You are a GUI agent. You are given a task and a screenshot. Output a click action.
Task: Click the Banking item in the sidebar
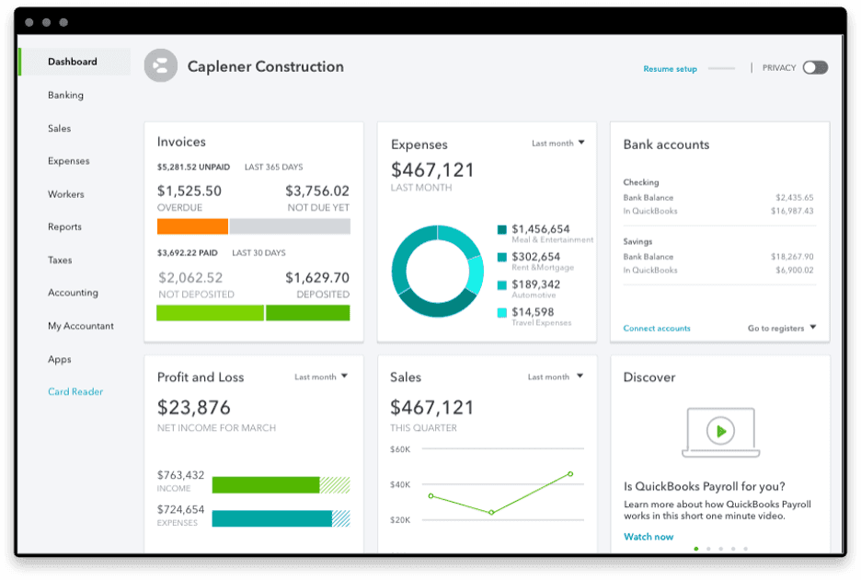[x=65, y=95]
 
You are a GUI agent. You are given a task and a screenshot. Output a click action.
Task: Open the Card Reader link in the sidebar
[x=75, y=392]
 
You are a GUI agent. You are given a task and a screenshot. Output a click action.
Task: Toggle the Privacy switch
[x=814, y=67]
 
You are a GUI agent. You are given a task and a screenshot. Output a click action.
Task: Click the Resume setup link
[x=670, y=69]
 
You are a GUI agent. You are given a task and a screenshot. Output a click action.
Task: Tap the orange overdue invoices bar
[x=192, y=226]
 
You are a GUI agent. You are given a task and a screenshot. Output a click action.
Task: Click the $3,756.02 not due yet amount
[x=316, y=191]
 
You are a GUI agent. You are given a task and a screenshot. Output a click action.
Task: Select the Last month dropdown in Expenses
[x=557, y=144]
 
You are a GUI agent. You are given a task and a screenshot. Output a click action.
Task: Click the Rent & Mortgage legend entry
[x=535, y=258]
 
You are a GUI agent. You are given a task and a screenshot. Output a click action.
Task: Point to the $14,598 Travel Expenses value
[x=533, y=313]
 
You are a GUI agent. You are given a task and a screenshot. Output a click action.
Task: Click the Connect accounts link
[x=657, y=329]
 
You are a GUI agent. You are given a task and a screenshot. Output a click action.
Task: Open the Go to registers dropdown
[x=781, y=329]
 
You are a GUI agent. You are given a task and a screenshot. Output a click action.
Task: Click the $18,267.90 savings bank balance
[x=793, y=257]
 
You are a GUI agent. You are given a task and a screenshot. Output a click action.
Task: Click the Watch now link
[x=649, y=537]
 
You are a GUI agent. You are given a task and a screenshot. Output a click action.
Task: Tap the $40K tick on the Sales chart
[x=400, y=484]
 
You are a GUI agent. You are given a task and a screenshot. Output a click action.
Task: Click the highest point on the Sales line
[x=570, y=474]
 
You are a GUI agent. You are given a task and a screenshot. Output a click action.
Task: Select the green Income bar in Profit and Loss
[x=266, y=485]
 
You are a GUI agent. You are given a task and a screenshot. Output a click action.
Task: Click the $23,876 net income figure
[x=194, y=407]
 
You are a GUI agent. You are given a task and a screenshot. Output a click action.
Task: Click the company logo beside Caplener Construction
[x=161, y=66]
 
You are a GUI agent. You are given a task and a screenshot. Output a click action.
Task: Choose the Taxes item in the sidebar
[x=60, y=261]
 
